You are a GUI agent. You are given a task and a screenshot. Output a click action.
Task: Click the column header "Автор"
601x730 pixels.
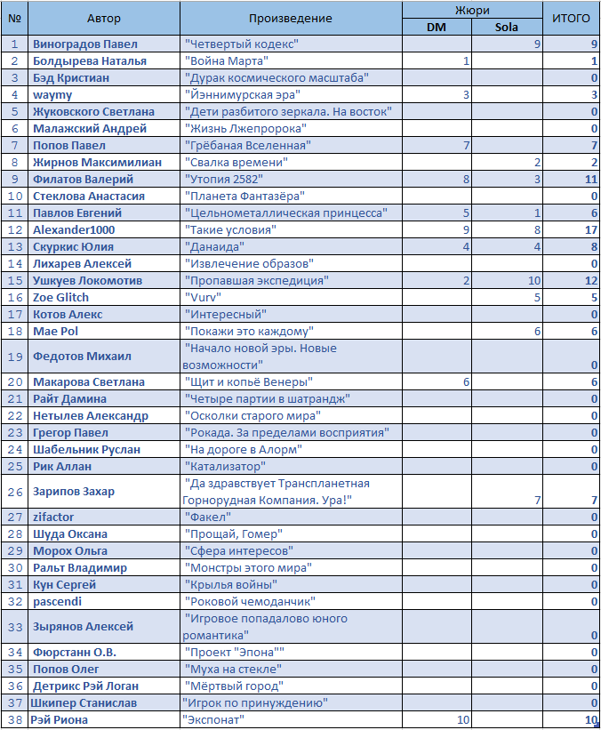click(x=105, y=18)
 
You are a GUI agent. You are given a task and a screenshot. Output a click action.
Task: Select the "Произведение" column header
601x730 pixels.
click(x=290, y=18)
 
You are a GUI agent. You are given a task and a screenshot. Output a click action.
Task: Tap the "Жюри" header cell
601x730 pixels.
click(x=471, y=9)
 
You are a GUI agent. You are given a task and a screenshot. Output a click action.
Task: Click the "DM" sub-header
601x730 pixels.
click(x=437, y=27)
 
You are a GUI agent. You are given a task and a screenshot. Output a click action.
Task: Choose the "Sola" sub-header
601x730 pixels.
click(x=507, y=27)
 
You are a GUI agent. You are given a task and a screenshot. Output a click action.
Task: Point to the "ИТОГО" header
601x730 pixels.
click(x=571, y=18)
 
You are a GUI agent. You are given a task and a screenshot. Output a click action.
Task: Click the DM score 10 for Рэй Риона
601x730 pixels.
click(x=462, y=719)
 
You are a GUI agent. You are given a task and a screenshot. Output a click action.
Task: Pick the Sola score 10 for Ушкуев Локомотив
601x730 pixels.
click(x=533, y=280)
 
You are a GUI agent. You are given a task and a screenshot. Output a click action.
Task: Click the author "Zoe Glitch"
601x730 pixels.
click(x=61, y=297)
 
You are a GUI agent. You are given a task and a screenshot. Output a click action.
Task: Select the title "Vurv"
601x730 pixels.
click(x=201, y=297)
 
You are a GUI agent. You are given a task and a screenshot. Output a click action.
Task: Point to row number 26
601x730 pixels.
click(x=14, y=492)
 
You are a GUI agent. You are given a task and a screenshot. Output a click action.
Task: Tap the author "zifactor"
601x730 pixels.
click(x=53, y=517)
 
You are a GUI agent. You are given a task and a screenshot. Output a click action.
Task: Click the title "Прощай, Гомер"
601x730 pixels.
click(x=233, y=533)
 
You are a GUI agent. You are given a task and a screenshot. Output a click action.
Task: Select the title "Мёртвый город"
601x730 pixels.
click(x=233, y=686)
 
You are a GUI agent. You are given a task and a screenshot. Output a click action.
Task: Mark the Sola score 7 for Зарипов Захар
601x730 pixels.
click(x=537, y=501)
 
